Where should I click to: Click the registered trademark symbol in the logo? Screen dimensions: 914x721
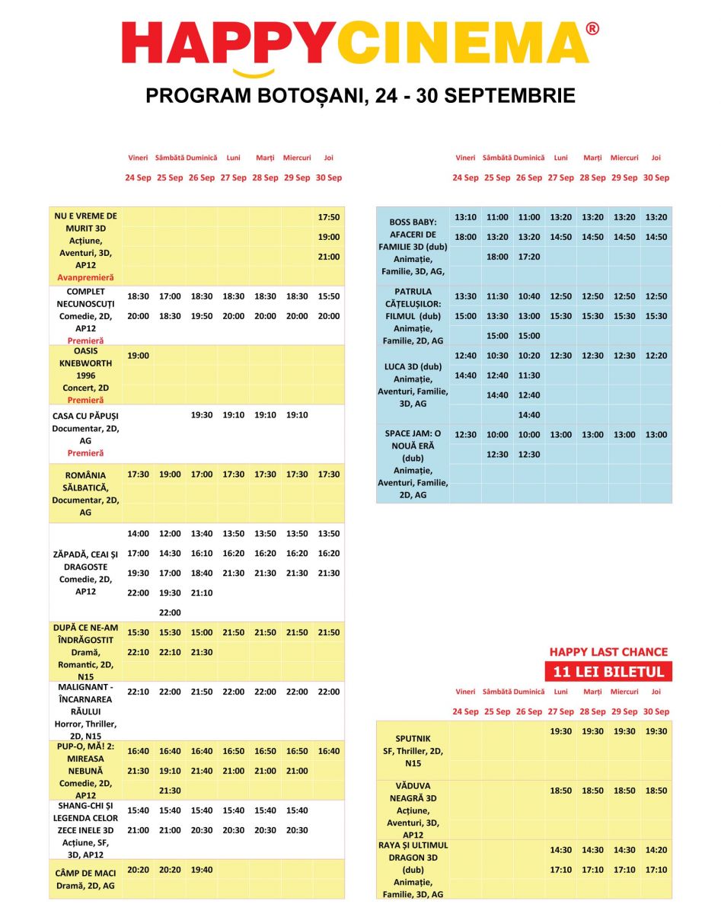[592, 29]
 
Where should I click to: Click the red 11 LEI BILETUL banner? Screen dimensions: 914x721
[608, 672]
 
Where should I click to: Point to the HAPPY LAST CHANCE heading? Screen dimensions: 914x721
[608, 652]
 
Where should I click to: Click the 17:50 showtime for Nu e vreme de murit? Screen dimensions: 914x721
[329, 217]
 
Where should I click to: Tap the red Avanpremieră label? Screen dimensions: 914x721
[85, 277]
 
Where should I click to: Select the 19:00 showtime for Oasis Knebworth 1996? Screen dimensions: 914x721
[138, 356]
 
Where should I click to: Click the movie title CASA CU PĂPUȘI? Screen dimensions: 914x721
[86, 416]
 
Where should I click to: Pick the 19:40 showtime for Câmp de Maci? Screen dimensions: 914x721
[201, 869]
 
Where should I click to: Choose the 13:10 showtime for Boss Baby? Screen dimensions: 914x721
[465, 217]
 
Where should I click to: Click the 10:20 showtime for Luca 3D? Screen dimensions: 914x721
[529, 356]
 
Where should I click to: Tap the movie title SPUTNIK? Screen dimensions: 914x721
[413, 738]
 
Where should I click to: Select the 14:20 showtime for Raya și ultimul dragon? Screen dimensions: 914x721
[656, 850]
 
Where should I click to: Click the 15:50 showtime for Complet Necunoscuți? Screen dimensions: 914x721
[329, 296]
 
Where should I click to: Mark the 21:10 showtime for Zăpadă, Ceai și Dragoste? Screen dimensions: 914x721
[201, 593]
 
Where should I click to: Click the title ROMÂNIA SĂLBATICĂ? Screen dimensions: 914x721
[86, 481]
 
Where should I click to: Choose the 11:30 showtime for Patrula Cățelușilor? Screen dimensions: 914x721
[497, 296]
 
